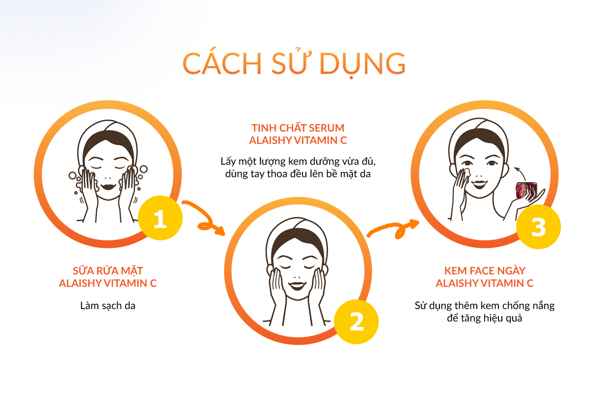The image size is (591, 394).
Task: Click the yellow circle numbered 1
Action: click(160, 218)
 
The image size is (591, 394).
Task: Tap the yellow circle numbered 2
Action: click(356, 322)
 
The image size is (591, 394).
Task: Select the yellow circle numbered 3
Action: click(538, 227)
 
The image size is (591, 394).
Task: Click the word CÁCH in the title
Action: click(222, 63)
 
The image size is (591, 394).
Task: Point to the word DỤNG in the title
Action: click(362, 65)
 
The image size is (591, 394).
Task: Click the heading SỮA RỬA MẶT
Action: click(108, 270)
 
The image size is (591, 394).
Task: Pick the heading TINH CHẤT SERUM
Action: click(298, 128)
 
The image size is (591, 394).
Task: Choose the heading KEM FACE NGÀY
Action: click(485, 271)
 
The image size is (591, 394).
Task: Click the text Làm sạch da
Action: click(108, 305)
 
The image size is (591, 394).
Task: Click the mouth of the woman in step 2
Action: click(297, 286)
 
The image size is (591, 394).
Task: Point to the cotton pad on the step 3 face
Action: click(465, 172)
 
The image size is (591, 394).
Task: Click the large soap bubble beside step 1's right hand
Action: click(144, 169)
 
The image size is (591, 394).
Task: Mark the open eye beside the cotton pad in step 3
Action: click(468, 163)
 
